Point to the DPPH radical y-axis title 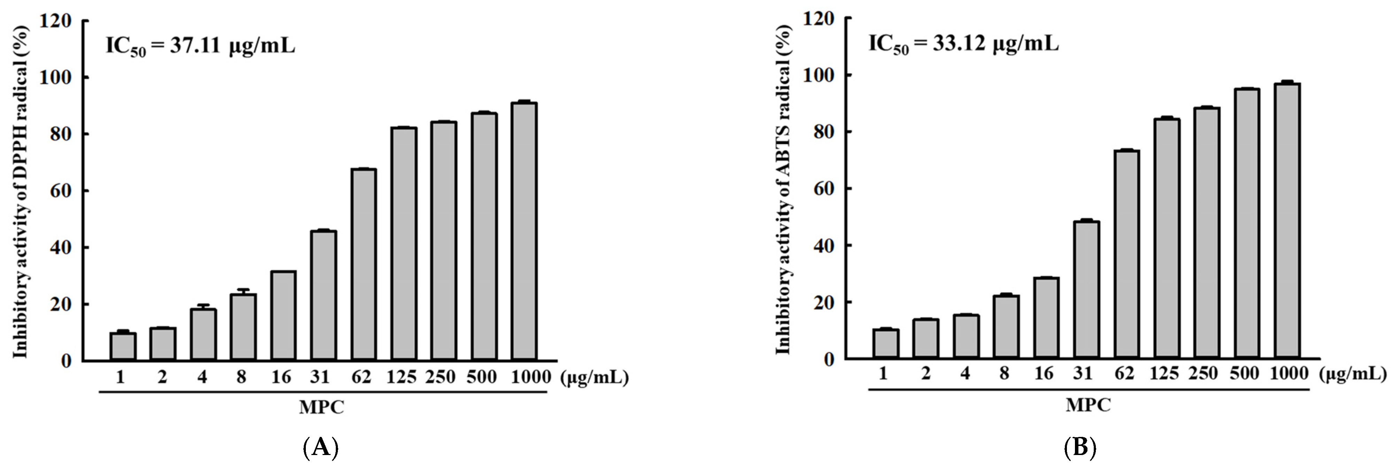point(21,190)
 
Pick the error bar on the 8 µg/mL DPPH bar point(243,291)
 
